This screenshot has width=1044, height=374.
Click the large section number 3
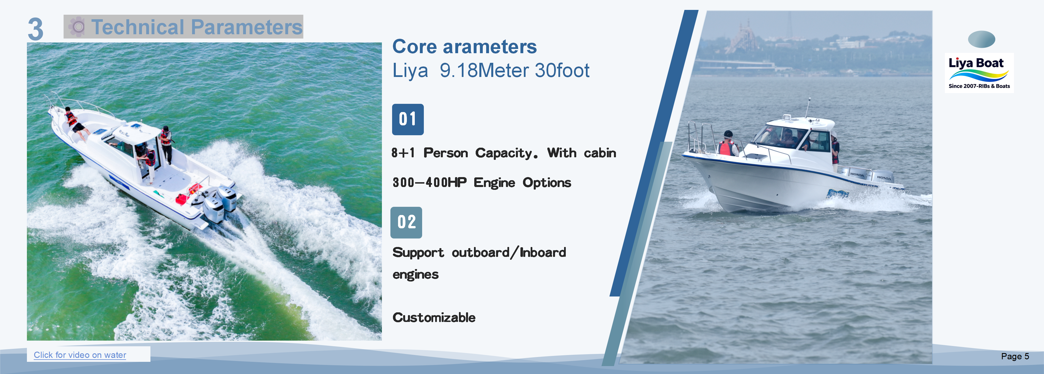36,29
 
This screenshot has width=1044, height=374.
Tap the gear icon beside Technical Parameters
77,27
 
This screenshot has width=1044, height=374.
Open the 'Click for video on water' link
80,355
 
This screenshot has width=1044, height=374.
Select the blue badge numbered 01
408,119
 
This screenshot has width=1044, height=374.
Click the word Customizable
434,317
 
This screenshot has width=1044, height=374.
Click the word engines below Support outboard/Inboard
415,275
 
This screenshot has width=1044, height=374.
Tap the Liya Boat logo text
976,63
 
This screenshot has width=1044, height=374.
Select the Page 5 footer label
1015,356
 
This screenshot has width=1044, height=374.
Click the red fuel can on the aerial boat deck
180,199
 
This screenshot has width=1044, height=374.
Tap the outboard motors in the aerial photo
219,204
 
